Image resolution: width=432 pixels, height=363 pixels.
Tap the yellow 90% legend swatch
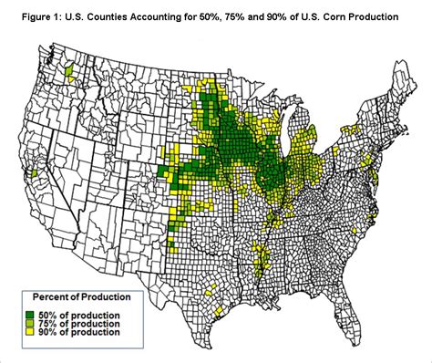click(34, 332)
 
